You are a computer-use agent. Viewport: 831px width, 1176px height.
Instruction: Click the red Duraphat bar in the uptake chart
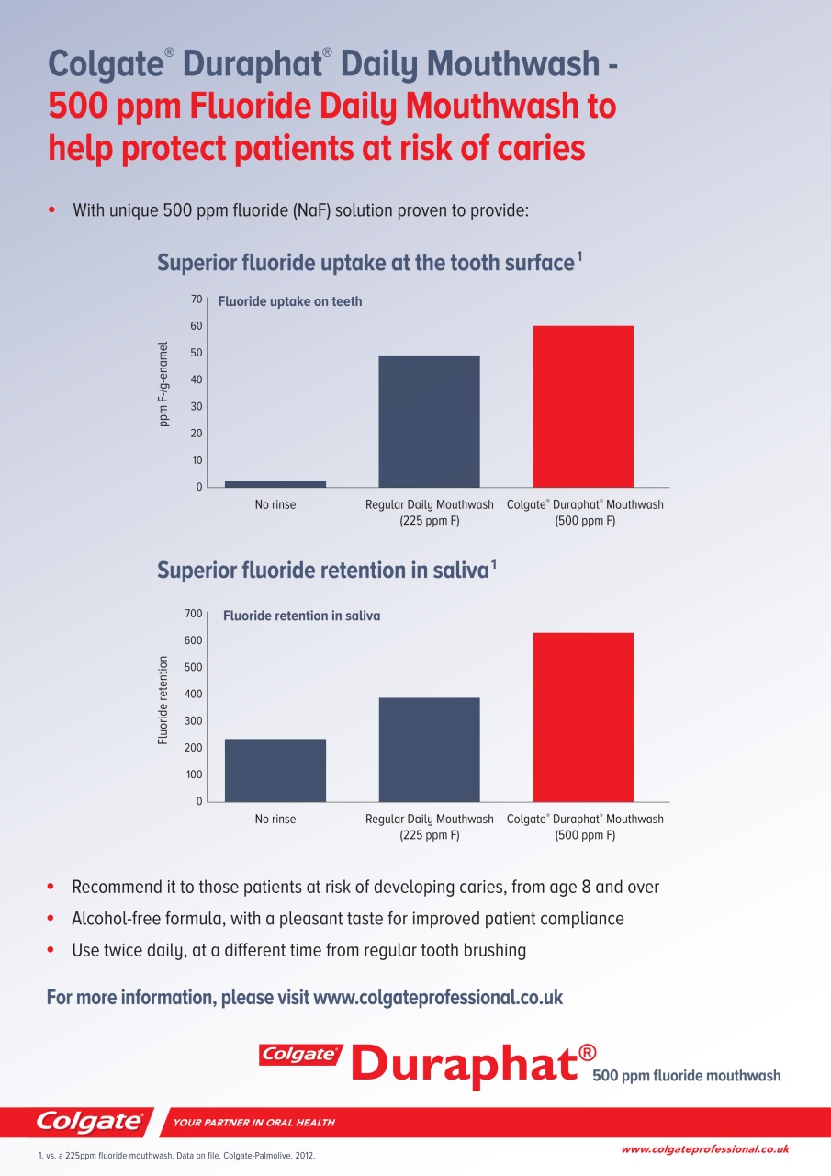583,406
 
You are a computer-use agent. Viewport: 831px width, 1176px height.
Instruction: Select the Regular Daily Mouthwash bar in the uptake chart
429,421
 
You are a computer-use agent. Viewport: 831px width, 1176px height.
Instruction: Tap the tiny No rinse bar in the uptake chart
275,483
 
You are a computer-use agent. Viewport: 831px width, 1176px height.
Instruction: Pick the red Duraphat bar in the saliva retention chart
583,718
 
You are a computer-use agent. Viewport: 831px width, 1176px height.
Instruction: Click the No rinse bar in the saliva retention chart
275,770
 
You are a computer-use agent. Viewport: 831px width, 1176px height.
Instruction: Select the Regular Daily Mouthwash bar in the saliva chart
429,750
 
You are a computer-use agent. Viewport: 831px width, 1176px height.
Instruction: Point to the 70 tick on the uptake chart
197,300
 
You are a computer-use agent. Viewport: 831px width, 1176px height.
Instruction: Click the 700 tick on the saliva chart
193,613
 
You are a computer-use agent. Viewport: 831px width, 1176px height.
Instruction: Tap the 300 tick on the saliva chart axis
193,721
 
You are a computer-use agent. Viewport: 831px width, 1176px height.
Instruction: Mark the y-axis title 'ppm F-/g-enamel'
163,384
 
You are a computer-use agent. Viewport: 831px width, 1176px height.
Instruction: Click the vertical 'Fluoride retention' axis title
163,700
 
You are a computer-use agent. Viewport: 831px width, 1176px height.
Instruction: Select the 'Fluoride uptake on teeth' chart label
290,301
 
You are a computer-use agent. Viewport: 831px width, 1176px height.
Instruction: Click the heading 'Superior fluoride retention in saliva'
327,571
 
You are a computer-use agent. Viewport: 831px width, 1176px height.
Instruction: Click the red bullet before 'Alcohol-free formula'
51,918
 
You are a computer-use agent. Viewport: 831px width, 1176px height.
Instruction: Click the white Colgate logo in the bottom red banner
90,1122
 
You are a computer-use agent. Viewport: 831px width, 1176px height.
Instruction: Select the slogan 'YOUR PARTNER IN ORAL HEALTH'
254,1123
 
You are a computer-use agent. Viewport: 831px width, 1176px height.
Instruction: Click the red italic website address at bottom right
705,1149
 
